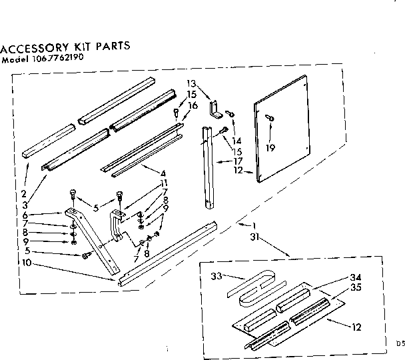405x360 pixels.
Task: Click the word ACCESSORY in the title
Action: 34,49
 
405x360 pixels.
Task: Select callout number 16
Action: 193,105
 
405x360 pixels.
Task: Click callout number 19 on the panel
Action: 270,147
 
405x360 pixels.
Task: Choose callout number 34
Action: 356,278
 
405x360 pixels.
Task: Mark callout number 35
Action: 356,288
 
